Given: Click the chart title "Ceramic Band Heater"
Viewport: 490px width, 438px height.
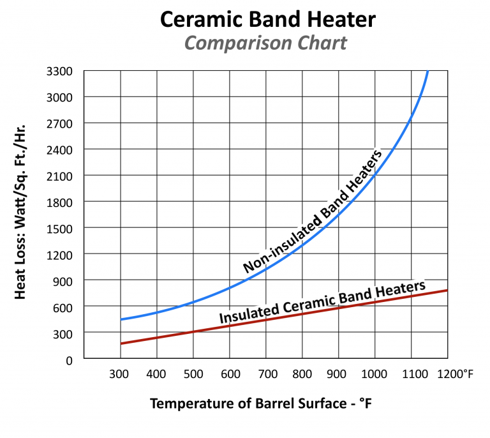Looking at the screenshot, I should pyautogui.click(x=267, y=19).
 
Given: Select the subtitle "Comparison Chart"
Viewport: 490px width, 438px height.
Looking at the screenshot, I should pyautogui.click(x=265, y=44).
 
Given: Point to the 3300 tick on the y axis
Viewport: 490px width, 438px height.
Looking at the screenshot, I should pyautogui.click(x=61, y=71).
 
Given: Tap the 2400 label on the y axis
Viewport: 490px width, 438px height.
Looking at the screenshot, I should pyautogui.click(x=61, y=149).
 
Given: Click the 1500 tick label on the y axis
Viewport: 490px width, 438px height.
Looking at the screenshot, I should pyautogui.click(x=61, y=228).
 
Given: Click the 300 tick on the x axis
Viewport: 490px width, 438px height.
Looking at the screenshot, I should pyautogui.click(x=120, y=374).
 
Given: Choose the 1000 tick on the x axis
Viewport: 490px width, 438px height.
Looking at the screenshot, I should pyautogui.click(x=375, y=374).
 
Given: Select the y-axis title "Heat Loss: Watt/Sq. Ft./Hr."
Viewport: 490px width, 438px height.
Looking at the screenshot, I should pyautogui.click(x=21, y=211).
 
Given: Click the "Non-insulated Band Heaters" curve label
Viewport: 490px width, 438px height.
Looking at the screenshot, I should pyautogui.click(x=313, y=212).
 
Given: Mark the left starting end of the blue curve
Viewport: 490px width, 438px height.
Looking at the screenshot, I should pyautogui.click(x=121, y=319).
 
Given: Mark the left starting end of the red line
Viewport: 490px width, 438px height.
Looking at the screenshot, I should pyautogui.click(x=121, y=344).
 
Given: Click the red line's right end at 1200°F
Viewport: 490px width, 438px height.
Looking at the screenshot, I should pyautogui.click(x=447, y=291).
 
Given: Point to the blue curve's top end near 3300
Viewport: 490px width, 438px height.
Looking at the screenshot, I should pyautogui.click(x=427, y=72).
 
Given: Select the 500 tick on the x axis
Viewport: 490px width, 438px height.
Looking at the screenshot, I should pyautogui.click(x=193, y=374).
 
